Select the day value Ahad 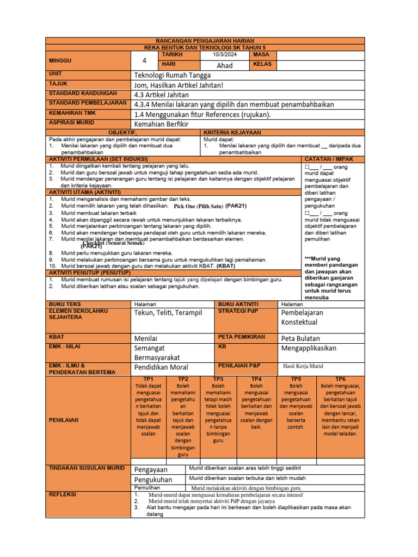[x=224, y=65]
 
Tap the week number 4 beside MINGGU [x=144, y=60]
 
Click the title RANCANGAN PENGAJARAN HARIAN [x=205, y=41]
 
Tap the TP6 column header [x=340, y=379]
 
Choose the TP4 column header [x=256, y=379]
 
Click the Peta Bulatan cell [x=300, y=338]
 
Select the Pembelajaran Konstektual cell [x=302, y=318]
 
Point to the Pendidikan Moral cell [x=161, y=367]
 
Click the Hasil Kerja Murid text [x=303, y=366]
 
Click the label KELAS [x=262, y=65]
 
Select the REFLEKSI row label [x=63, y=494]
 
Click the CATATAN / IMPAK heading [x=333, y=158]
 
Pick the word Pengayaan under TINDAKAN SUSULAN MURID [x=151, y=469]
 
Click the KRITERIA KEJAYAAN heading [x=231, y=132]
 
